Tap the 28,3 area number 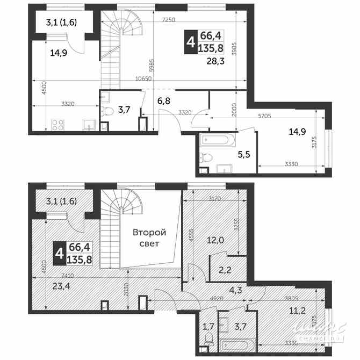tap(217, 61)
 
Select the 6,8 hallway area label tap(163, 100)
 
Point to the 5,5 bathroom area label tap(244, 155)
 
